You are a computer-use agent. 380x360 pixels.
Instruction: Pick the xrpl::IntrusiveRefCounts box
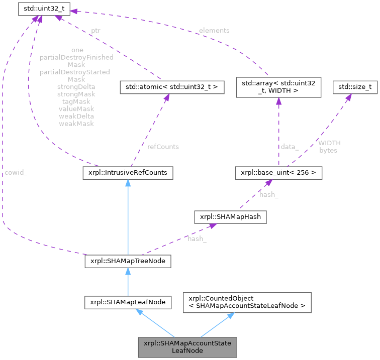coord(128,173)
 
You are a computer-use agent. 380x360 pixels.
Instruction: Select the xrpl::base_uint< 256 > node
coord(278,173)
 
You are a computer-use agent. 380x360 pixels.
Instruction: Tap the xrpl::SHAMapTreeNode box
coord(128,262)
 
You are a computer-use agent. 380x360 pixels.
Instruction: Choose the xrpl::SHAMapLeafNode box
coord(128,302)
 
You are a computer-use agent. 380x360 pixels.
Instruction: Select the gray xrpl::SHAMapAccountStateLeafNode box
coord(187,347)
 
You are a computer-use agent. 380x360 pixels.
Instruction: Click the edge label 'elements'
coord(215,31)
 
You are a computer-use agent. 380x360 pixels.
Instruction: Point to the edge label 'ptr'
coord(96,31)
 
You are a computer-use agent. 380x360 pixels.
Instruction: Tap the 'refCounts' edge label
coord(162,147)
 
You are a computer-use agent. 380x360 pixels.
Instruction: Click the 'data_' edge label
coord(290,147)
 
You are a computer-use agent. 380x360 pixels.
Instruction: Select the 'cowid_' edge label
coord(16,173)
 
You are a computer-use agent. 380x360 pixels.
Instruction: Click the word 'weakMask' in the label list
coord(76,123)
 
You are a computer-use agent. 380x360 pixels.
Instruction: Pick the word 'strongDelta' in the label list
coord(76,87)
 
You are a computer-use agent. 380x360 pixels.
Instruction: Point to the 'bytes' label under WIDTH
coord(329,150)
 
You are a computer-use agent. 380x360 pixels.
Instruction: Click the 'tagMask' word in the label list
coord(76,101)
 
